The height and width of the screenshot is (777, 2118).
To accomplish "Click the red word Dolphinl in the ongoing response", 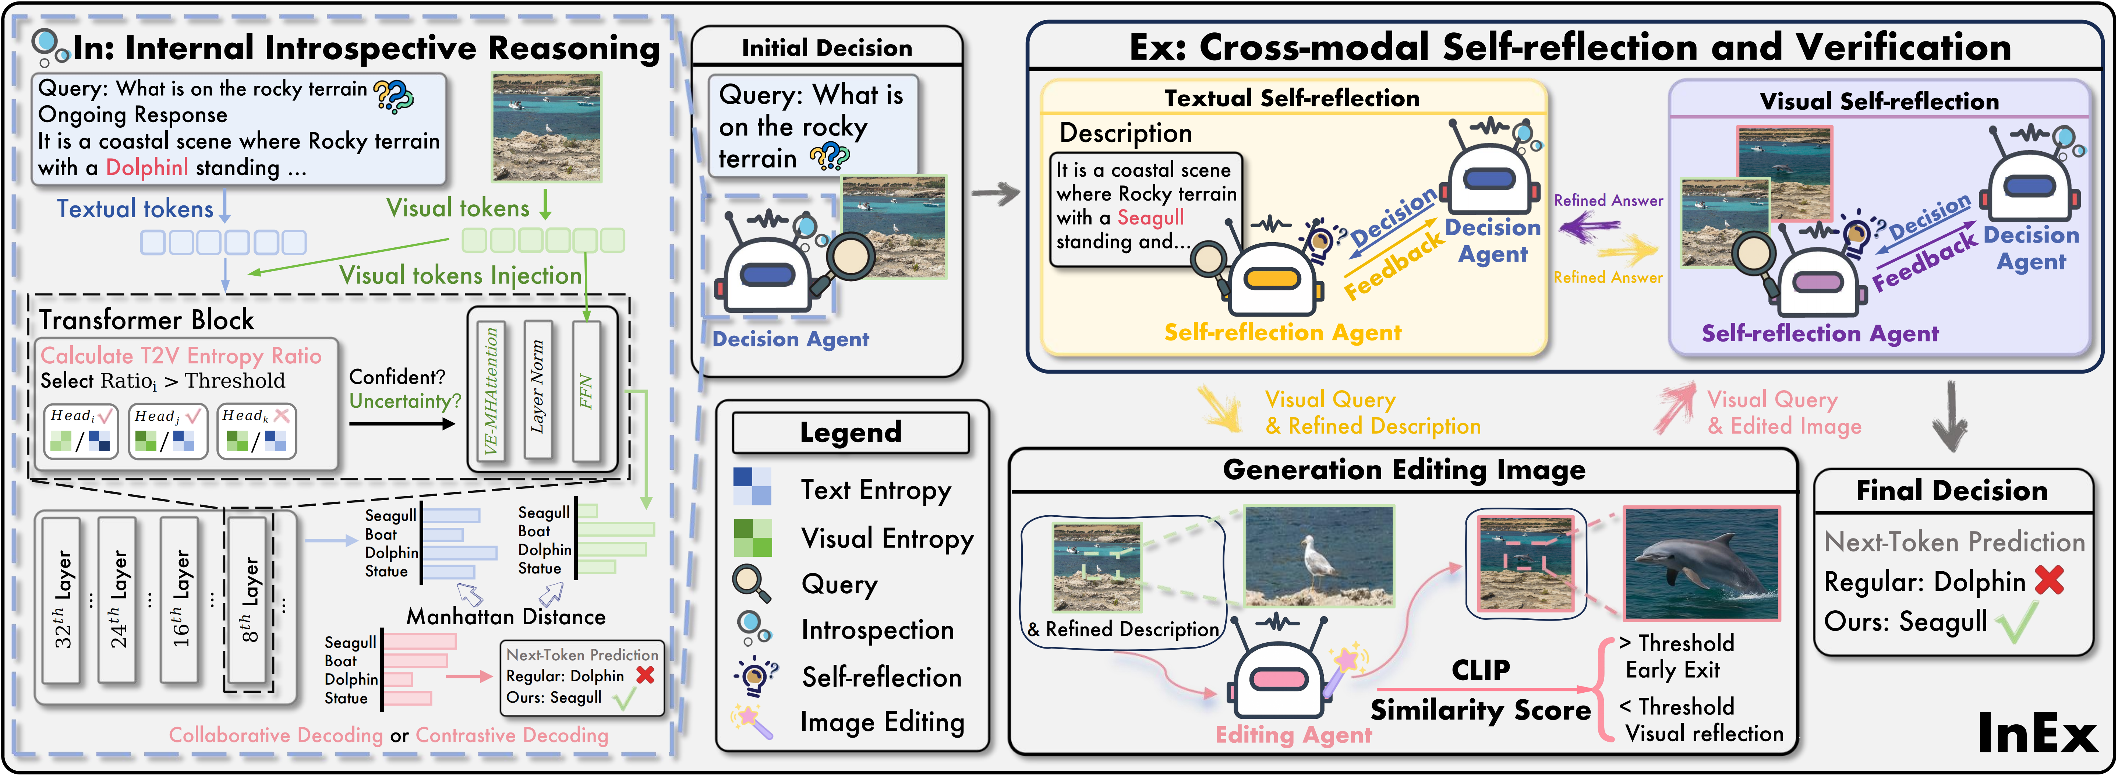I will (x=146, y=168).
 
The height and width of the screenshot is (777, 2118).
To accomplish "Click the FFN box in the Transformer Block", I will (x=586, y=391).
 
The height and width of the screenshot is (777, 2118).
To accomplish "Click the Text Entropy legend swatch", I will (x=752, y=487).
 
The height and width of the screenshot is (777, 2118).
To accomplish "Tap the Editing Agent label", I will (x=1293, y=734).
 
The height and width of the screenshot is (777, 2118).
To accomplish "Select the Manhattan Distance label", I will (x=506, y=617).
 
